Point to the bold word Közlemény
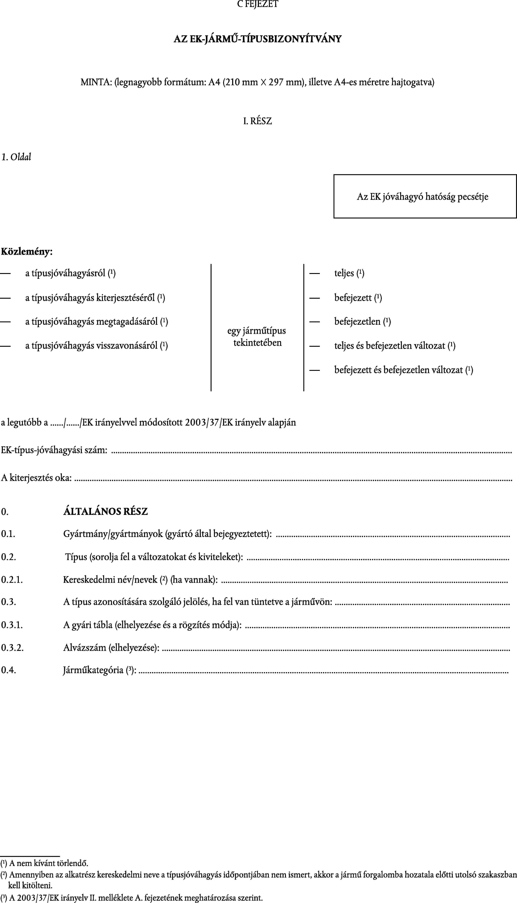point(27,252)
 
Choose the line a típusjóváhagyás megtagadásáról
point(96,322)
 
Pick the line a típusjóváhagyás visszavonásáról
point(96,346)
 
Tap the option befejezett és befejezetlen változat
point(403,370)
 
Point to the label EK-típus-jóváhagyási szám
point(54,450)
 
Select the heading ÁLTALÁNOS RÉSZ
point(105,512)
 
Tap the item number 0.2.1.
point(12,580)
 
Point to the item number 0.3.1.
point(12,625)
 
